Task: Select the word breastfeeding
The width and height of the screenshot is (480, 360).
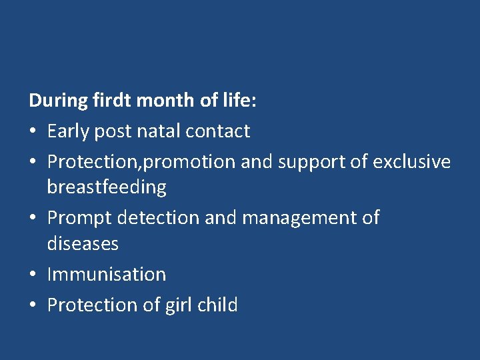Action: [x=107, y=187]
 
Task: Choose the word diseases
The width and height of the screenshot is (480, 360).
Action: [x=83, y=244]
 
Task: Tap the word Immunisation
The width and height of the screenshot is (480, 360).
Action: [x=107, y=274]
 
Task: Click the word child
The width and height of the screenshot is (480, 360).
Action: [x=218, y=305]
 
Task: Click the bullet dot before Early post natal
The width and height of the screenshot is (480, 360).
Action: [x=33, y=132]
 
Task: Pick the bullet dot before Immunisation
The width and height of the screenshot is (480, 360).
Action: [x=33, y=275]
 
